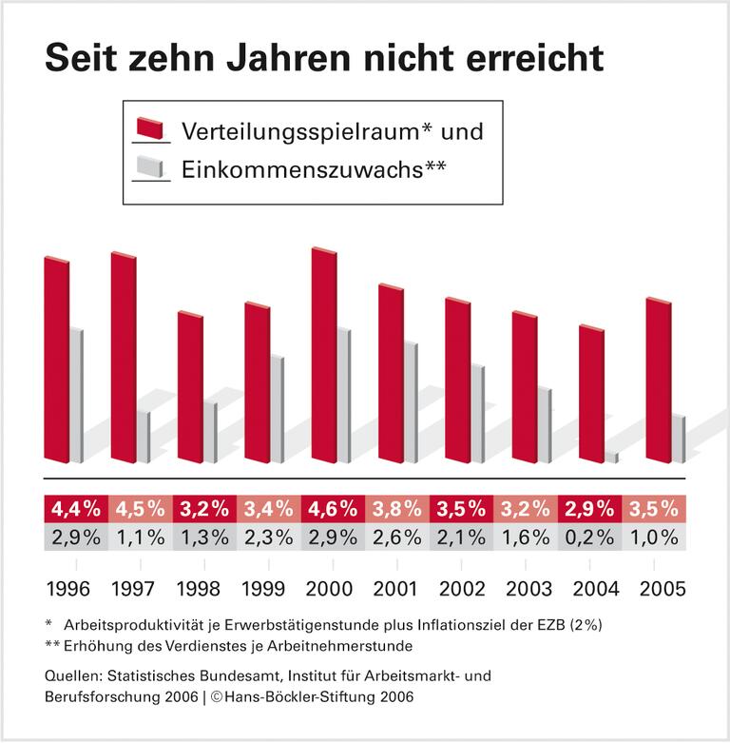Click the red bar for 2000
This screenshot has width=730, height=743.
coord(323,357)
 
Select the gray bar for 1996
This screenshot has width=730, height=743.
coord(74,395)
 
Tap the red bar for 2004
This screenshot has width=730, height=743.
coord(591,395)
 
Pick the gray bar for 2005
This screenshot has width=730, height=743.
coord(678,438)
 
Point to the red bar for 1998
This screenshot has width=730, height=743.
coord(190,388)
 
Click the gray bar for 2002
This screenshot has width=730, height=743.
coord(477,413)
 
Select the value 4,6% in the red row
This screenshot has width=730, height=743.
coord(333,508)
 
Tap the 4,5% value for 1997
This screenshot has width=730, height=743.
coord(140,508)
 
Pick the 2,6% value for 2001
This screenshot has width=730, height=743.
coord(397,537)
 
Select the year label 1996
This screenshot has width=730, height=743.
coord(67,587)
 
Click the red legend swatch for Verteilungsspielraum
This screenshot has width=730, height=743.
coord(151,129)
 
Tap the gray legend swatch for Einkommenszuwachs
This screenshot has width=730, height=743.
coord(151,168)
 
